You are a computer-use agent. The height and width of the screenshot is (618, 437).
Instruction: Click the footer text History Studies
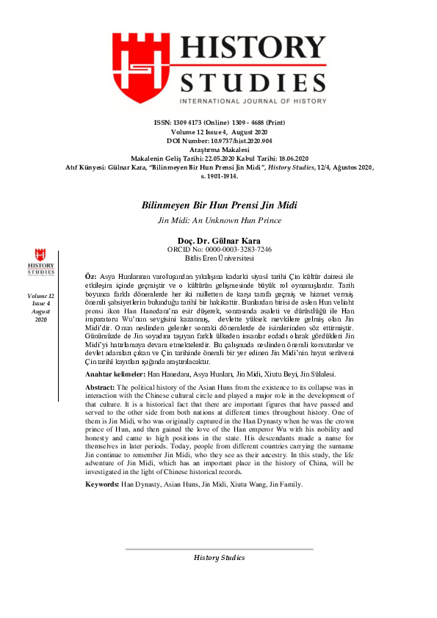(219, 558)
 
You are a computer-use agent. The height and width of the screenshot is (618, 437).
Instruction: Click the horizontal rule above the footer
(219, 549)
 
